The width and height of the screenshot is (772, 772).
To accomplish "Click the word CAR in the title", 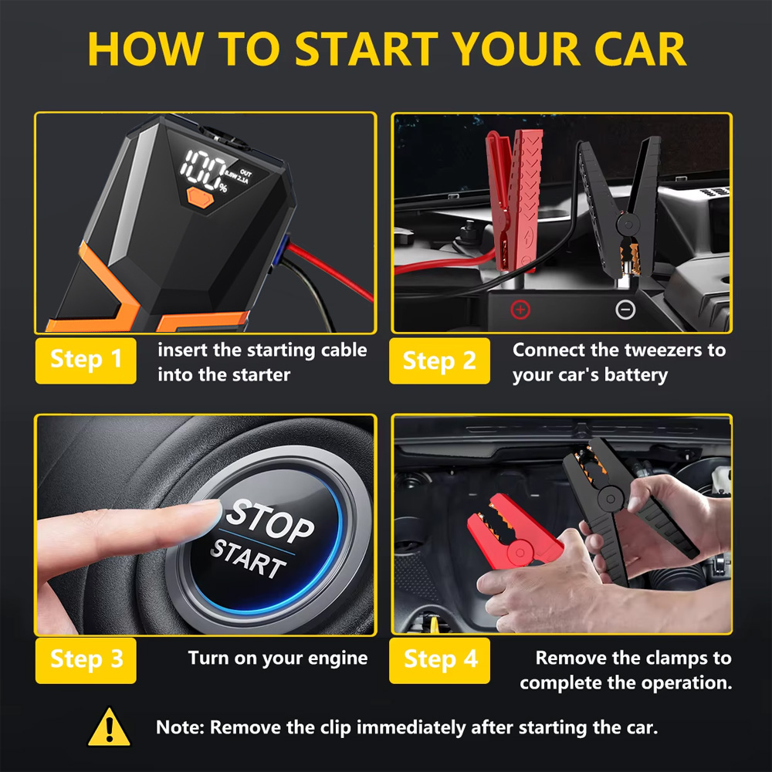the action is click(x=639, y=49).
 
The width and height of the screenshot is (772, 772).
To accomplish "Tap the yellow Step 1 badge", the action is click(x=86, y=361).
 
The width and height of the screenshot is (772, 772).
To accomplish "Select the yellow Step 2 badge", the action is click(x=439, y=361).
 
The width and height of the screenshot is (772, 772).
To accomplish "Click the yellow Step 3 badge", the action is click(x=86, y=661).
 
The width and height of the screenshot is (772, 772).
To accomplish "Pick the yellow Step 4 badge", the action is click(x=439, y=661).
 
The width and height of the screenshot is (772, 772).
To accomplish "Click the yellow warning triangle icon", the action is click(x=109, y=728).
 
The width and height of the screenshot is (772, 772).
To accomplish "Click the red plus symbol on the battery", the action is click(x=520, y=310).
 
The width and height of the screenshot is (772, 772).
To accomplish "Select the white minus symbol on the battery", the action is click(x=625, y=310).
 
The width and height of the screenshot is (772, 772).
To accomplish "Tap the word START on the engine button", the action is click(x=248, y=560).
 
